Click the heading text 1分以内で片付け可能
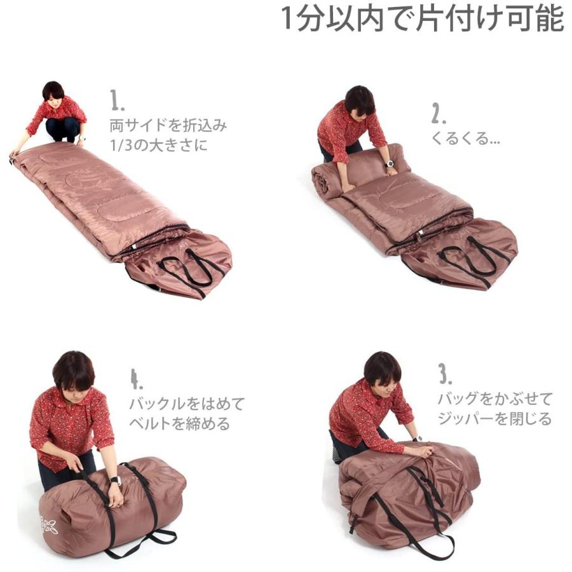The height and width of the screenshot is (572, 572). [422, 19]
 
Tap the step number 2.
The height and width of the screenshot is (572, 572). [439, 112]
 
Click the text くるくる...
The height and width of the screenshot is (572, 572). [465, 139]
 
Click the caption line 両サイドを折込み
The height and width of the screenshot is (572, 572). [167, 125]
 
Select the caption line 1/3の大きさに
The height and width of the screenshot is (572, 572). [158, 145]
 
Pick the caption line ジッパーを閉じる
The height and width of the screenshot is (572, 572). [494, 419]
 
